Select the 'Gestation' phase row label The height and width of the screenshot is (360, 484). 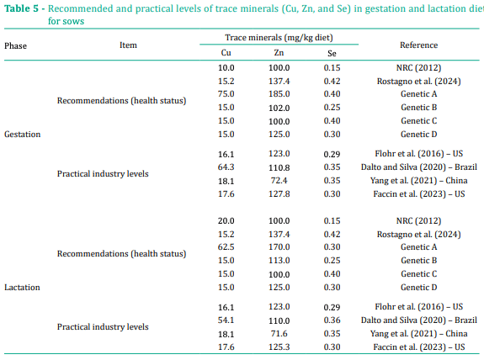pyautogui.click(x=23, y=134)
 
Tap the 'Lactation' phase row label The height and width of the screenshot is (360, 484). pyautogui.click(x=22, y=287)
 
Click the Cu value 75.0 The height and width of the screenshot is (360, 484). pyautogui.click(x=226, y=93)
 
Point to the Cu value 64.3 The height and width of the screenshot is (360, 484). pyautogui.click(x=226, y=167)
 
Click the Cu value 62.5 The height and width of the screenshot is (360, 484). pyautogui.click(x=226, y=246)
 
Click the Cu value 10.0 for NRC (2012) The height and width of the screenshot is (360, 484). pyautogui.click(x=226, y=66)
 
